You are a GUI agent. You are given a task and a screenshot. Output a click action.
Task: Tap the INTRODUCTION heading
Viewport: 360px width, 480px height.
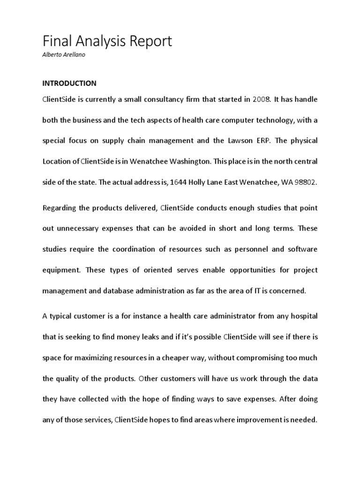69,83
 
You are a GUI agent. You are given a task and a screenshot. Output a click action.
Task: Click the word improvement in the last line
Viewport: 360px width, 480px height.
251,420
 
